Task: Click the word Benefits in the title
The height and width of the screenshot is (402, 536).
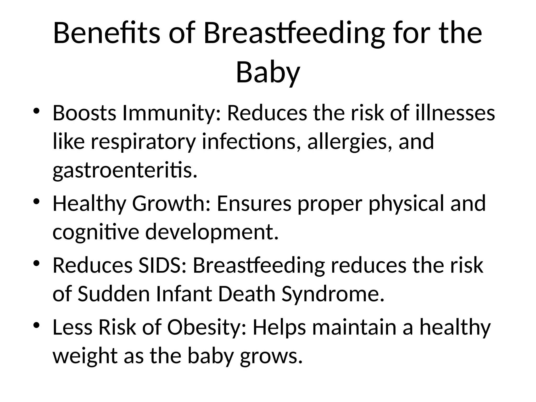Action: pyautogui.click(x=106, y=33)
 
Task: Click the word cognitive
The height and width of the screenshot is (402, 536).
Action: pyautogui.click(x=96, y=233)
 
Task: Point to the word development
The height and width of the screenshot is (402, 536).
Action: pyautogui.click(x=212, y=233)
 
